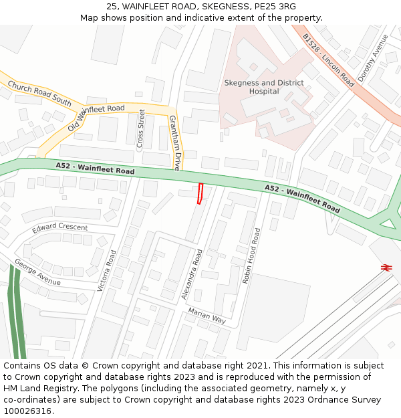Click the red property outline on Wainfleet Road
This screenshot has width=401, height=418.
[x=200, y=193]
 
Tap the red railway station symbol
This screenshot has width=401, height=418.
[x=386, y=268]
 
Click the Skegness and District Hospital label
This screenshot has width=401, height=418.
[x=263, y=87]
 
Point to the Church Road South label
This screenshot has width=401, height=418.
[x=39, y=96]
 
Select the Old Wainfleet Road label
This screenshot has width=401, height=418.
[x=96, y=118]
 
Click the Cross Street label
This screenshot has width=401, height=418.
[x=141, y=129]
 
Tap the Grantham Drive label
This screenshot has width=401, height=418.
[x=174, y=142]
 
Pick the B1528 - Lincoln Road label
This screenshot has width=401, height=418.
[x=328, y=60]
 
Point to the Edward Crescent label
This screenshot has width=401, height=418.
[x=60, y=227]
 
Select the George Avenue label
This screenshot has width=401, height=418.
[x=37, y=272]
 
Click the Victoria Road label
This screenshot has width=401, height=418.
[x=106, y=271]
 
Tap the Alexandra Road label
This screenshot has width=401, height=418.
[x=191, y=274]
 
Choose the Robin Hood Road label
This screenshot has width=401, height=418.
[x=251, y=255]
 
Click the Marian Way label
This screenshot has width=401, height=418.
[x=207, y=316]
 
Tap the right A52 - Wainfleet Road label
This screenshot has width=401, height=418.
[x=302, y=198]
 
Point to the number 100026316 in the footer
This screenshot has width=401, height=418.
[x=27, y=411]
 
